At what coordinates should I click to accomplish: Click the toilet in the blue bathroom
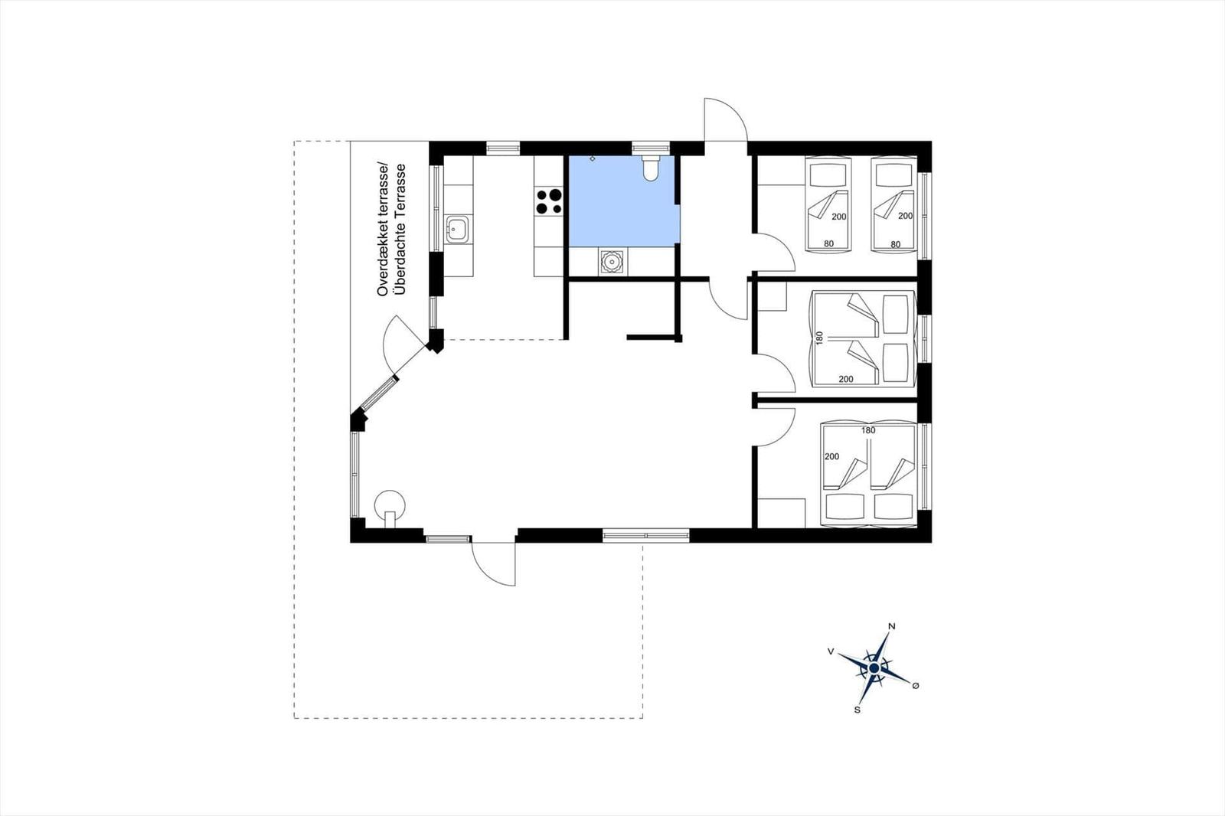pyautogui.click(x=651, y=168)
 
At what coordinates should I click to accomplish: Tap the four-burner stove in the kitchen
pyautogui.click(x=548, y=201)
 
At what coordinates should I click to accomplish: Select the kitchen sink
pyautogui.click(x=456, y=229)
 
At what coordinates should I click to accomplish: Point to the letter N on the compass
pyautogui.click(x=891, y=627)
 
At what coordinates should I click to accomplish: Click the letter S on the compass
pyautogui.click(x=857, y=710)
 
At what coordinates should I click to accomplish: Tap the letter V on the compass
pyautogui.click(x=831, y=651)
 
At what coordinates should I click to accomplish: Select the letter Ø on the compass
pyautogui.click(x=916, y=685)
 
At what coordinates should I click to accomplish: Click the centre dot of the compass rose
pyautogui.click(x=874, y=668)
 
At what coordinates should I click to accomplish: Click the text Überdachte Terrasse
pyautogui.click(x=401, y=230)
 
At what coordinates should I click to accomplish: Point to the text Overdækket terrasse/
pyautogui.click(x=382, y=229)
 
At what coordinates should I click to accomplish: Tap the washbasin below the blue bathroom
pyautogui.click(x=612, y=262)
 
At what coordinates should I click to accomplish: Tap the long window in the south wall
pyautogui.click(x=646, y=534)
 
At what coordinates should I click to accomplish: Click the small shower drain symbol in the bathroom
pyautogui.click(x=593, y=158)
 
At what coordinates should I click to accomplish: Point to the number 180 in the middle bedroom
pyautogui.click(x=818, y=338)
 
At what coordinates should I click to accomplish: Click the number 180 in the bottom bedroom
pyautogui.click(x=868, y=430)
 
